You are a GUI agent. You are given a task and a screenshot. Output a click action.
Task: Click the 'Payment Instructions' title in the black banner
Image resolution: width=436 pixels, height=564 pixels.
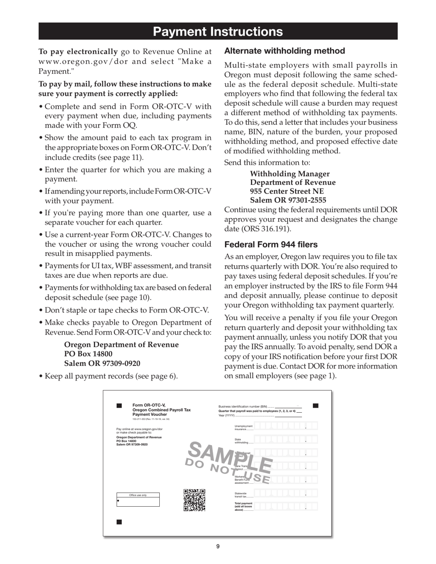pyautogui.click(x=218, y=32)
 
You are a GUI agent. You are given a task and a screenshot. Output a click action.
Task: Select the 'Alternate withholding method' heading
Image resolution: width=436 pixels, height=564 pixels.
pyautogui.click(x=284, y=51)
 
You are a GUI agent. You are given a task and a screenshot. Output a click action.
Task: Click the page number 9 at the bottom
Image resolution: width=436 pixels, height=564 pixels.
pyautogui.click(x=218, y=546)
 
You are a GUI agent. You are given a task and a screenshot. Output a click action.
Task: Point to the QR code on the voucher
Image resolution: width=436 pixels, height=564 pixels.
pyautogui.click(x=194, y=500)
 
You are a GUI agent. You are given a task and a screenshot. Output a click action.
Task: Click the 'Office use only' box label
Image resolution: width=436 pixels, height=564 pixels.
pyautogui.click(x=138, y=495)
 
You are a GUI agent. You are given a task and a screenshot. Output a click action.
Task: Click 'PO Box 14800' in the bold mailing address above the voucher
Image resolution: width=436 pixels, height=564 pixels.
pyautogui.click(x=88, y=354)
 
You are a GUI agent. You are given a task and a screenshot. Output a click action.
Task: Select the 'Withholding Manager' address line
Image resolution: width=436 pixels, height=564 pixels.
pyautogui.click(x=290, y=174)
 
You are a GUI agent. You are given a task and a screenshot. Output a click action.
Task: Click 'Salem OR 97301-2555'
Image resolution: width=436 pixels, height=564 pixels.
pyautogui.click(x=288, y=200)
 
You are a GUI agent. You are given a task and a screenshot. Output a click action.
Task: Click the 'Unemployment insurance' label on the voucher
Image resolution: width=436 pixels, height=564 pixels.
pyautogui.click(x=244, y=428)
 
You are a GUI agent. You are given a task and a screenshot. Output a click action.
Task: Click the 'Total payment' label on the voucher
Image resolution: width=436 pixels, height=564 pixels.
pyautogui.click(x=244, y=506)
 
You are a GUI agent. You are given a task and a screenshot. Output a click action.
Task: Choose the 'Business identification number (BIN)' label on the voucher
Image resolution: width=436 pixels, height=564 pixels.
pyautogui.click(x=242, y=406)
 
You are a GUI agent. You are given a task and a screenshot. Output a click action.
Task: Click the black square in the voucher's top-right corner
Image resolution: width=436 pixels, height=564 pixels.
pyautogui.click(x=315, y=405)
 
